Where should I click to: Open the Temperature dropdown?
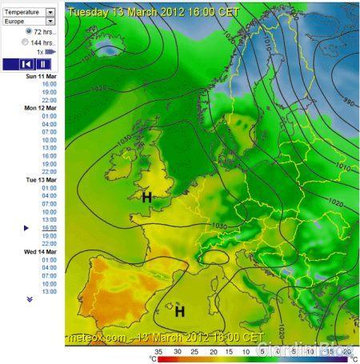coord(50,13)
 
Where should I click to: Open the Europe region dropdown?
coord(50,22)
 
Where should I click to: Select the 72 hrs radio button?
coord(28,31)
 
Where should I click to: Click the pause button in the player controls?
coord(42,63)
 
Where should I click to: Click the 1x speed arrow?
coord(50,51)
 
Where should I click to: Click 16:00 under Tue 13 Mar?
coord(50,228)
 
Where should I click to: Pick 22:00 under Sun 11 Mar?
coord(50,100)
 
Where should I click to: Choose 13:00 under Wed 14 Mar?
coord(50,292)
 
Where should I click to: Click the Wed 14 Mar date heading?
coord(42,252)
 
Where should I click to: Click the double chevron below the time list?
coord(30,299)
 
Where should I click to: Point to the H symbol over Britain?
coord(146,197)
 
